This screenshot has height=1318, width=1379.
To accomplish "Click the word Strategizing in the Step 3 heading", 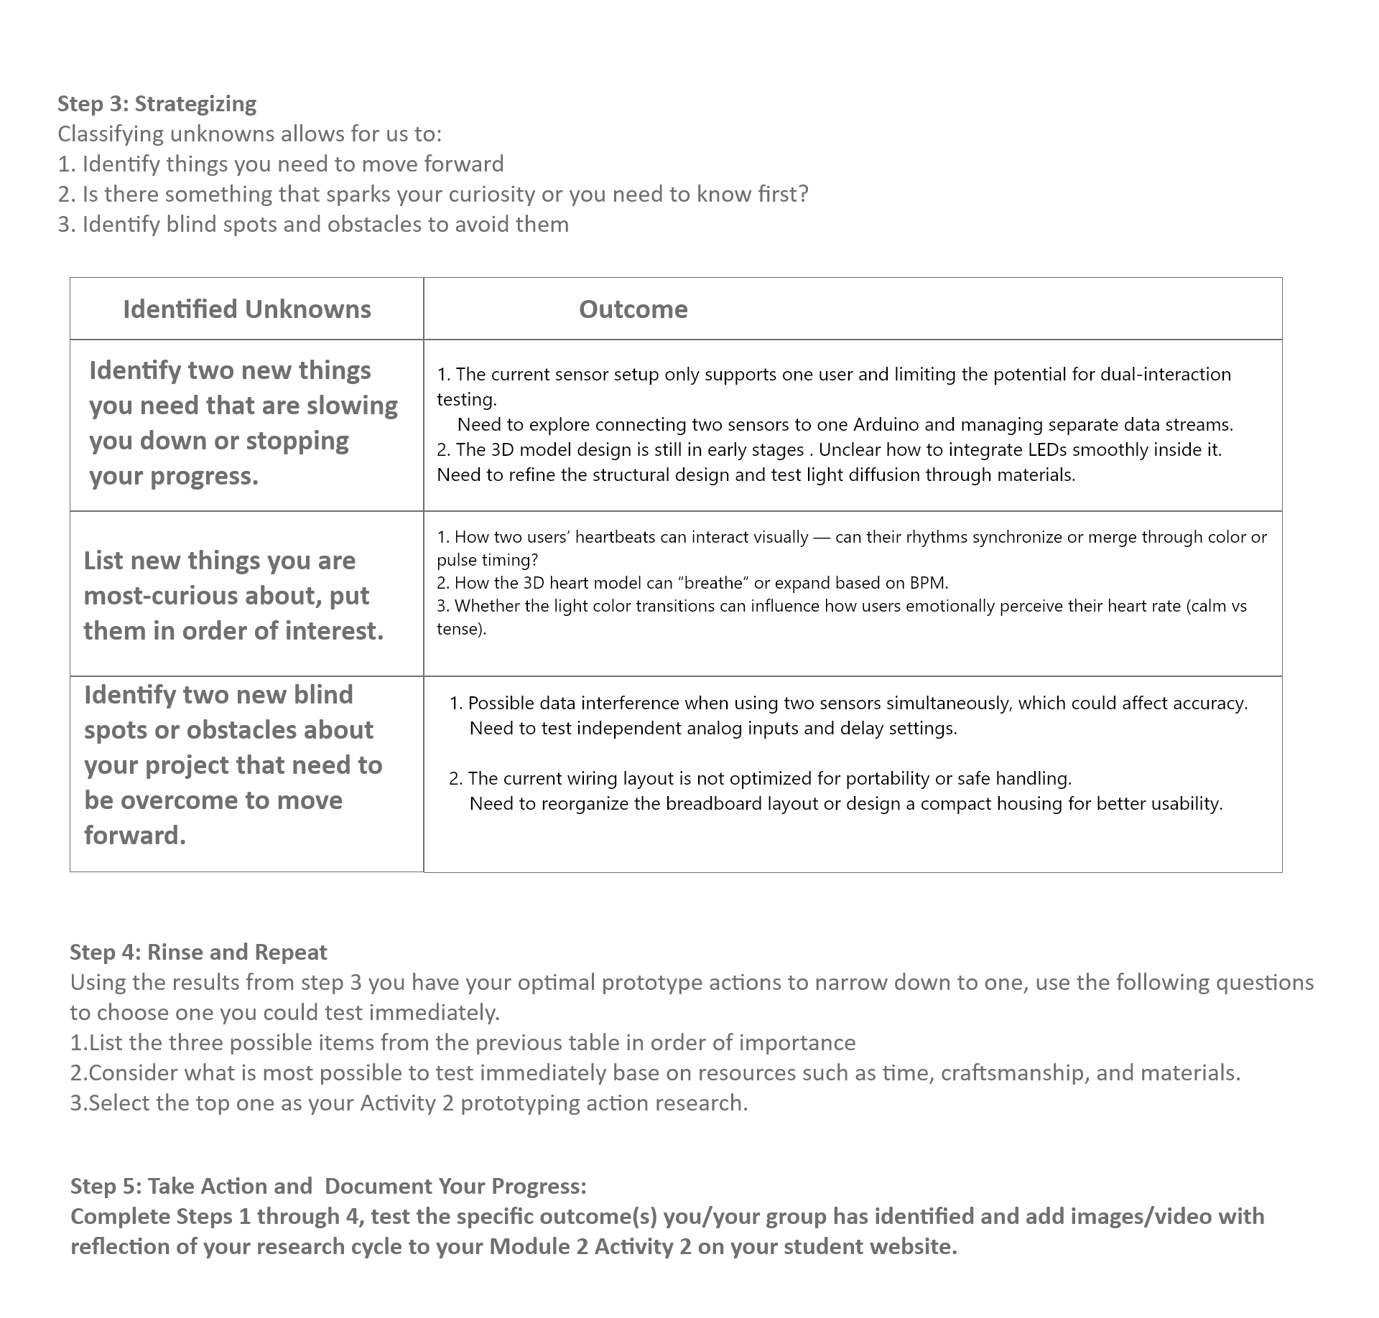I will [x=195, y=104].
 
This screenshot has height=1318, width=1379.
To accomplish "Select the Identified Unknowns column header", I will [x=247, y=309].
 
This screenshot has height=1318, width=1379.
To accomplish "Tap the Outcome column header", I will [x=633, y=309].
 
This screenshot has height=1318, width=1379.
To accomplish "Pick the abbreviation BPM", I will [x=928, y=583].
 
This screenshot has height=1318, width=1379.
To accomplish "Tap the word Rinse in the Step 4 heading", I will [x=175, y=953].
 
